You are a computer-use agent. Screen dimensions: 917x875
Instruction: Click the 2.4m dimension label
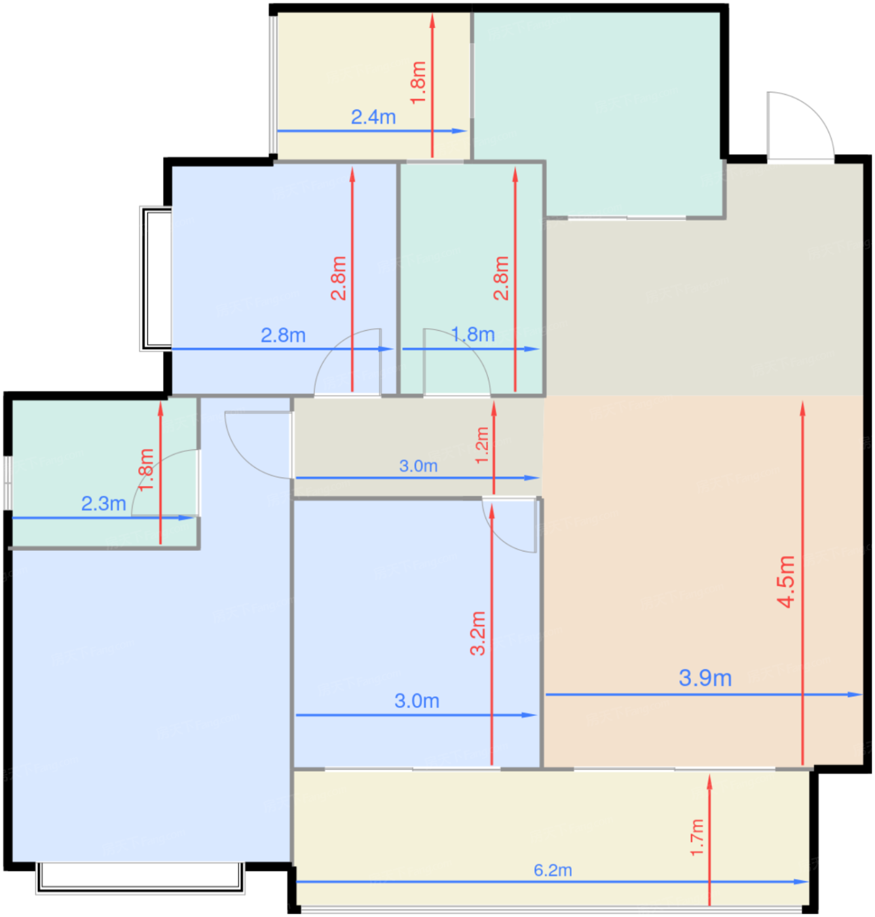[373, 117]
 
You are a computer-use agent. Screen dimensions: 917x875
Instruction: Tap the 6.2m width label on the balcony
[553, 870]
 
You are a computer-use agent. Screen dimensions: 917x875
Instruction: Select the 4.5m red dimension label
[786, 582]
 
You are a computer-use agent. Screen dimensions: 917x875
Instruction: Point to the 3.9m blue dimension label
[705, 678]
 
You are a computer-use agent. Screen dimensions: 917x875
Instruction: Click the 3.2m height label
[478, 633]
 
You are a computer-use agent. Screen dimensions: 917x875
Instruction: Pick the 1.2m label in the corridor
[481, 445]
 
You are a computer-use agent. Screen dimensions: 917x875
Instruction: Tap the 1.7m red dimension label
[697, 837]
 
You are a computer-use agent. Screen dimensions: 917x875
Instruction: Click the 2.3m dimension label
[103, 504]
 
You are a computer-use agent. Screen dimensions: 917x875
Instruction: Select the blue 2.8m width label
[283, 335]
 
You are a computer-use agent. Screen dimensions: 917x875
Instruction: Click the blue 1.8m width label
[473, 335]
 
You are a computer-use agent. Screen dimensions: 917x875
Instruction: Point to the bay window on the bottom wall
[140, 878]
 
